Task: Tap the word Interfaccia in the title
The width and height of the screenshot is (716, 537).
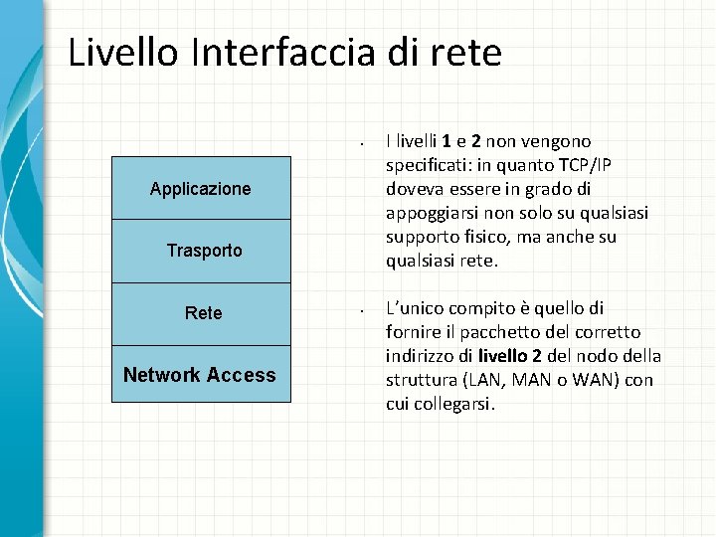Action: coord(275,52)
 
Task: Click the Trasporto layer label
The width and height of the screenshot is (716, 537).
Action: coord(204,251)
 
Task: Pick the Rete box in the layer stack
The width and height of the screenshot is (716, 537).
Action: coord(203,313)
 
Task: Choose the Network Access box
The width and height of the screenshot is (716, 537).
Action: coord(200,375)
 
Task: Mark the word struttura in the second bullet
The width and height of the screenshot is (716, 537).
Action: coord(419,380)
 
